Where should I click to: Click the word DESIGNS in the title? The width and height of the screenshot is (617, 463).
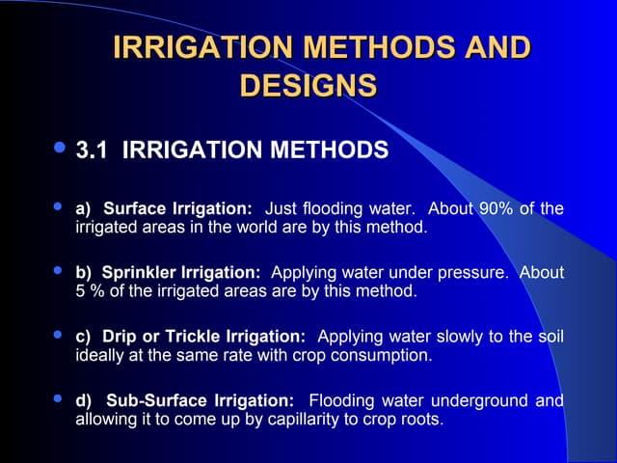308,85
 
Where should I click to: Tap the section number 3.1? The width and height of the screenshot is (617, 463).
94,150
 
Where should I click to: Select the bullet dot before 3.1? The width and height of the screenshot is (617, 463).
61,149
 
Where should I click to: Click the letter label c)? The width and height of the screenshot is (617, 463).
83,337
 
